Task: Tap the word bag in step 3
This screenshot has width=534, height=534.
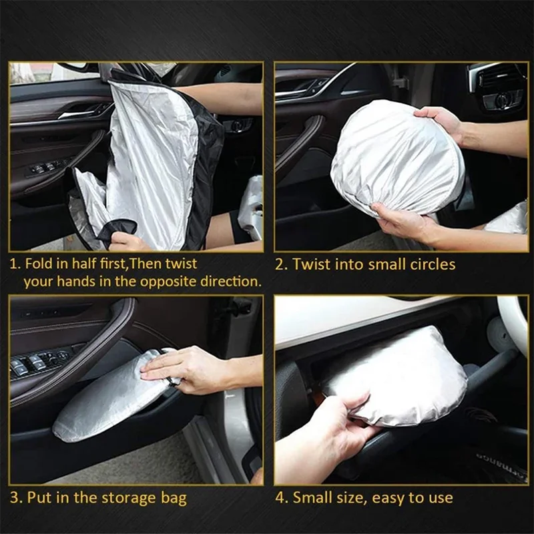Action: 173,498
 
